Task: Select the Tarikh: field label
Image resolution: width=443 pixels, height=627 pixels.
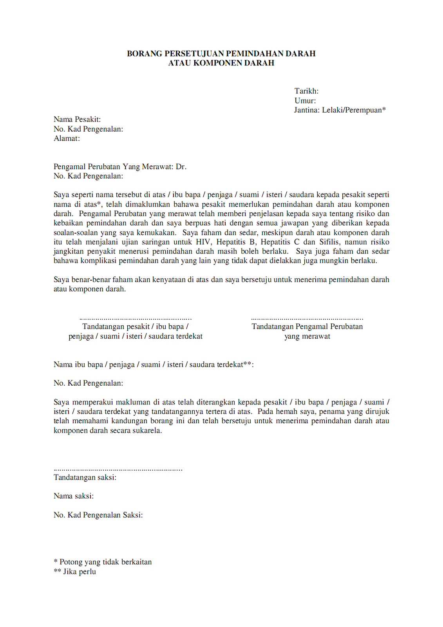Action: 306,91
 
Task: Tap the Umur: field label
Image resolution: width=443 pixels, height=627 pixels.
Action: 305,101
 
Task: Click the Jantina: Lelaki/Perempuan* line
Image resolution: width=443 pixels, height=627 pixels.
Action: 340,110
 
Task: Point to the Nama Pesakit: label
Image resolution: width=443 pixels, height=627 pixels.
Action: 77,120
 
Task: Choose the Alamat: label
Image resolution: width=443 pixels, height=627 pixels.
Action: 67,138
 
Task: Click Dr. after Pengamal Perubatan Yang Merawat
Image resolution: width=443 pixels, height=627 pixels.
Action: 181,167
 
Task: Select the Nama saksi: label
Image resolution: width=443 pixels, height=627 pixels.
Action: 74,496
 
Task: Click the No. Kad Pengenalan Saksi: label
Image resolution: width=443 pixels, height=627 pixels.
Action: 98,515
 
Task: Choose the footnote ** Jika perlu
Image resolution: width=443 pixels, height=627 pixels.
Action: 75,572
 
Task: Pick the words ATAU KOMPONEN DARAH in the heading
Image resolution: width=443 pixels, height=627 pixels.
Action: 221,63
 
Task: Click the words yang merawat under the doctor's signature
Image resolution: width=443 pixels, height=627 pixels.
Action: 307,336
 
